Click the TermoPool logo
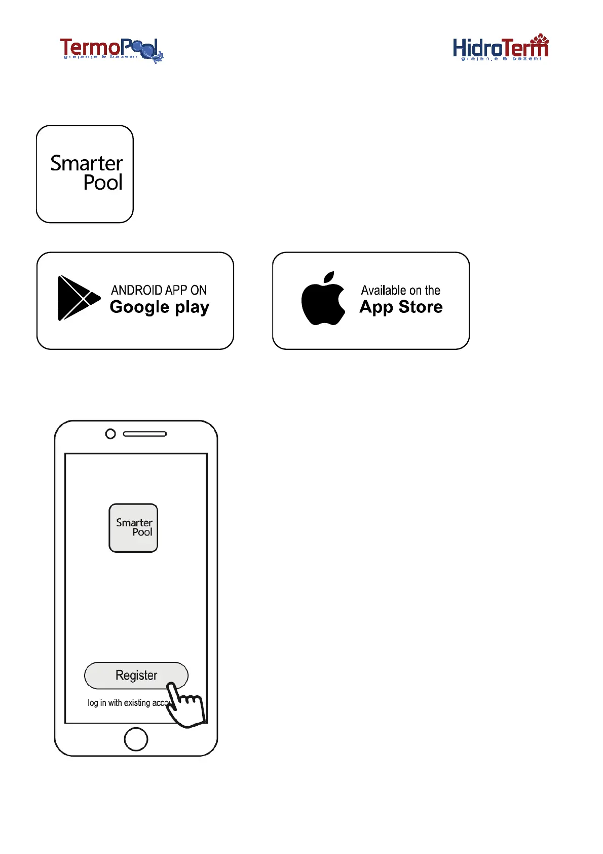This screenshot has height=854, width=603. coord(111,50)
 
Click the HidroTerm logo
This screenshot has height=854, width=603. coord(501,48)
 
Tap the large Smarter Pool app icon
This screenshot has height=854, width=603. coord(85,174)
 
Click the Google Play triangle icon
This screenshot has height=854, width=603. coord(78,298)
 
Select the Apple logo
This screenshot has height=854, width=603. coord(323,299)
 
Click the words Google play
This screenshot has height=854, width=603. coord(159,307)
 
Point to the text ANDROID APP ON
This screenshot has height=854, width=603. coord(159,290)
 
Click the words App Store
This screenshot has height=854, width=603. coord(401,307)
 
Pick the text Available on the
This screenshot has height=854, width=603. coord(400,291)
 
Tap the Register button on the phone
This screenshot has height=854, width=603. coord(135,675)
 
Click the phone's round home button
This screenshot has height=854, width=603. coord(136,739)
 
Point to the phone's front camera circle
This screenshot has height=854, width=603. coord(110,434)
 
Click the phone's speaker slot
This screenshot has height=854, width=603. coord(145,434)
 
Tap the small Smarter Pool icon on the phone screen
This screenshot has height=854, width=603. coord(133,528)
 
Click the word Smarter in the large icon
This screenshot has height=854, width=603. coord(86,163)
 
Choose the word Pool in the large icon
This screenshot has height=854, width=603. coord(103,183)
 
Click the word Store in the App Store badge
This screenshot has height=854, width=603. coord(421,307)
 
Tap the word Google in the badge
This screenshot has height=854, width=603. coord(139,307)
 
